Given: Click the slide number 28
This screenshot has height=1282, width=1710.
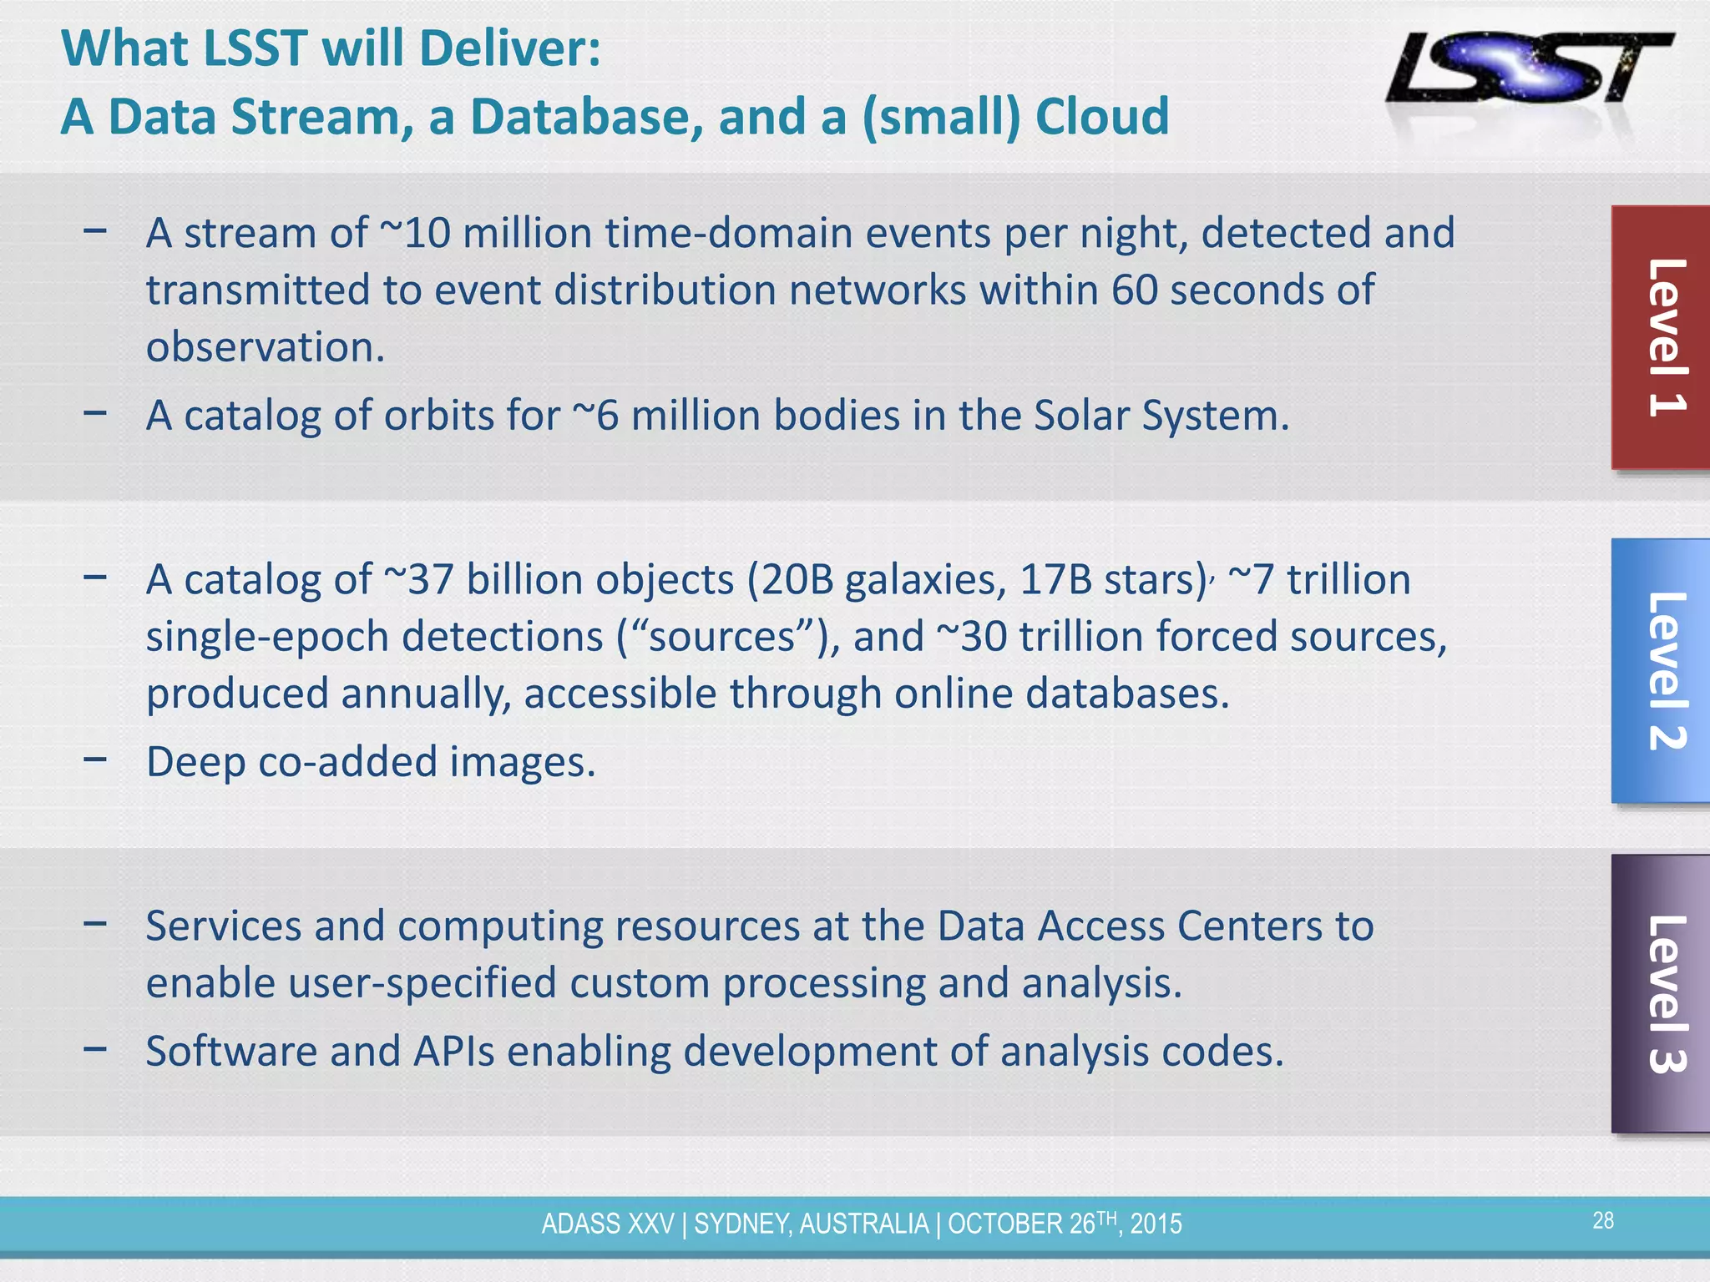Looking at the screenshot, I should (1603, 1221).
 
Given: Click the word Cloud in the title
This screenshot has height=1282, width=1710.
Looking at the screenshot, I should (1102, 116).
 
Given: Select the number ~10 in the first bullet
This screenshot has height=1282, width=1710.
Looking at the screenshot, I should (415, 233).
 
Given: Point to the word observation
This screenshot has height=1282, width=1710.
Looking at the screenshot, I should (266, 346).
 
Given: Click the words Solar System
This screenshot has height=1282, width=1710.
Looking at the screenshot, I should (1161, 415).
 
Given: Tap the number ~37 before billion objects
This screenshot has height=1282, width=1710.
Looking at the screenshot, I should (419, 579).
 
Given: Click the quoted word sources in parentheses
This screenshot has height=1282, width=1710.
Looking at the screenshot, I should (722, 637).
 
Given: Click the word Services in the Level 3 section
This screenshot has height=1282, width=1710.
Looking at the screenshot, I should (223, 926).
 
